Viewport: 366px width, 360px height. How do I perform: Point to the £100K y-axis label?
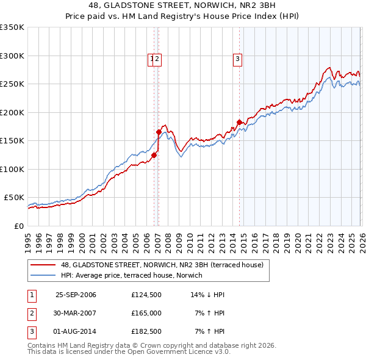12,169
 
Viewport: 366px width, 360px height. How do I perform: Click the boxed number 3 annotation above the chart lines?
237,59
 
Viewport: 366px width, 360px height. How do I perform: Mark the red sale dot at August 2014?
239,122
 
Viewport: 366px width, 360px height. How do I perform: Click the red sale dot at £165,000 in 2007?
159,132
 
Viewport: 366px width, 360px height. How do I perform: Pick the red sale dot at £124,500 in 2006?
154,155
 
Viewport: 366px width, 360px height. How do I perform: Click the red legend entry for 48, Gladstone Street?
162,265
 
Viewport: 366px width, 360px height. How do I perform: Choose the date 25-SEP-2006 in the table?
76,295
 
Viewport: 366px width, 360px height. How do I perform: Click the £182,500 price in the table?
146,331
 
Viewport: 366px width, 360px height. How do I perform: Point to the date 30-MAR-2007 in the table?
76,313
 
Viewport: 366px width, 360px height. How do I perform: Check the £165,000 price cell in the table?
146,313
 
